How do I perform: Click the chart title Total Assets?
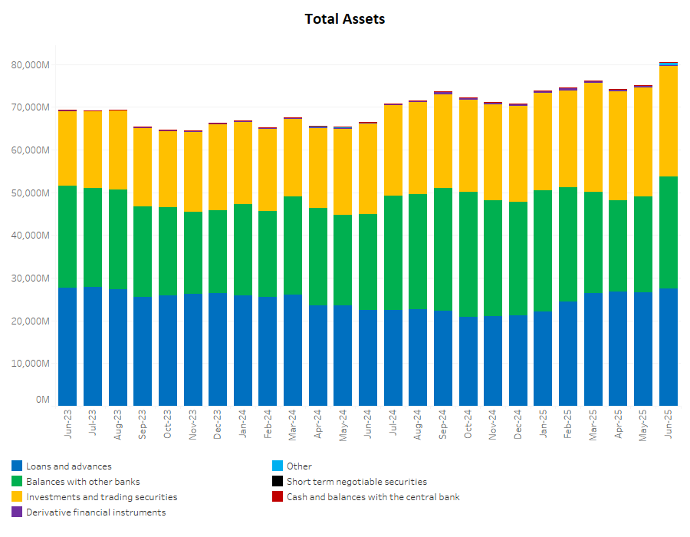pos(345,19)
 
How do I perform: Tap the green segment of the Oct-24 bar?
pos(468,254)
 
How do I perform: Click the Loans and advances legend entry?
pos(68,466)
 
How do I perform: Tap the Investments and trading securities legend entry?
pos(101,497)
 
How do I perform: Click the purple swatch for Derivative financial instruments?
pos(17,512)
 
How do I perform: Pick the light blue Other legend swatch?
pos(278,466)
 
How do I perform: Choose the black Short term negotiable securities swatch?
pos(278,482)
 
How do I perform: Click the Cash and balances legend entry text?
pos(373,497)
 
